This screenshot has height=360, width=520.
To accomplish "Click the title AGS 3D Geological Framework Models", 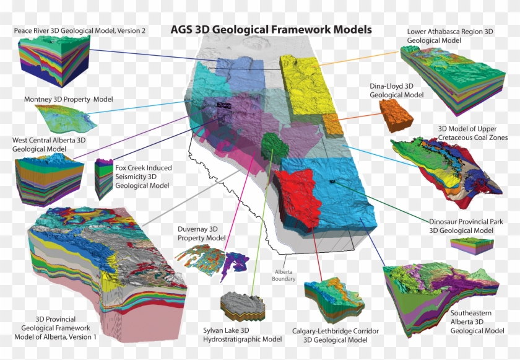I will point(271,29).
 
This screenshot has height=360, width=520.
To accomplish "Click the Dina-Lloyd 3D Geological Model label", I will point(397,90).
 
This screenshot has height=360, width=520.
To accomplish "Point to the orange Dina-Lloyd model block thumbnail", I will point(396,114).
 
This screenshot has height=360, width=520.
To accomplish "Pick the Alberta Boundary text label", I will point(284,275).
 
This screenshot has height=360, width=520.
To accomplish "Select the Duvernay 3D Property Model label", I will point(201,233).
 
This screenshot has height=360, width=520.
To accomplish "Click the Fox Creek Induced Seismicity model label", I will point(144,176).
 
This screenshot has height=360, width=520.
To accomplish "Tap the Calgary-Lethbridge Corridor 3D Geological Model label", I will point(336,335).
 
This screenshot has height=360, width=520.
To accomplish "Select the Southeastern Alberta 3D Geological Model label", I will point(477,322).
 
